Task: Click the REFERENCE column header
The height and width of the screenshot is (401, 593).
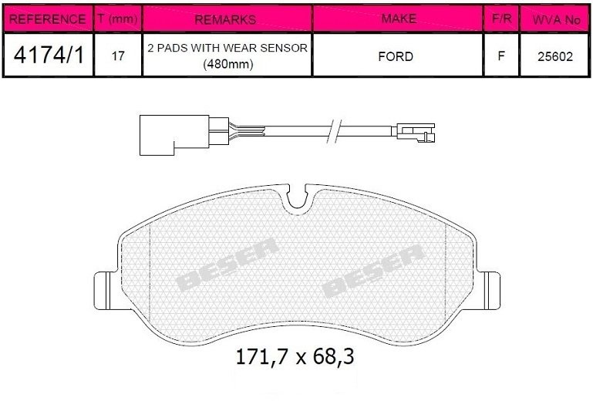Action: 47,19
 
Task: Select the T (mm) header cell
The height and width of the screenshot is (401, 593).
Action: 117,19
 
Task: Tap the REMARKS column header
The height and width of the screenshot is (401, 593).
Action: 225,19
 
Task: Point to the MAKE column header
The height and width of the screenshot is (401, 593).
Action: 399,19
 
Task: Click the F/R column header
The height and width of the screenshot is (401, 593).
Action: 501,19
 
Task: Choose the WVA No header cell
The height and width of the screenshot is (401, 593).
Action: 556,19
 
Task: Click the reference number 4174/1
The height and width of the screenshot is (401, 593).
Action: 49,55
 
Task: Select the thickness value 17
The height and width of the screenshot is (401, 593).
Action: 118,56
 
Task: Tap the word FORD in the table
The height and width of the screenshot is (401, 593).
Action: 396,56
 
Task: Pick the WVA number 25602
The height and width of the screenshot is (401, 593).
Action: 555,56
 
